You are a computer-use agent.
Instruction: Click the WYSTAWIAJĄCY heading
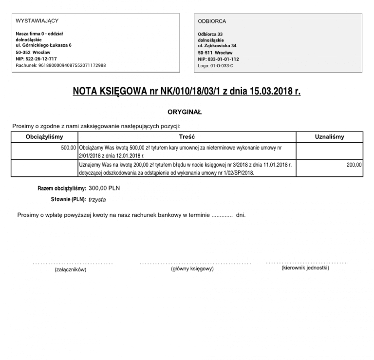pos(37,21)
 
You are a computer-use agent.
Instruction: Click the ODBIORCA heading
pos(212,21)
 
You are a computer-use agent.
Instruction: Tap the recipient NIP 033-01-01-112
pos(218,59)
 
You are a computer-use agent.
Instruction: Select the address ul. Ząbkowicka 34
pos(217,46)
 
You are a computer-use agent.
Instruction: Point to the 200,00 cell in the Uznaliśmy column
pos(354,165)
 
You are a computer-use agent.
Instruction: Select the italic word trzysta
pos(97,199)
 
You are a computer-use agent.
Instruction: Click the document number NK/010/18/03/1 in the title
pos(186,92)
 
